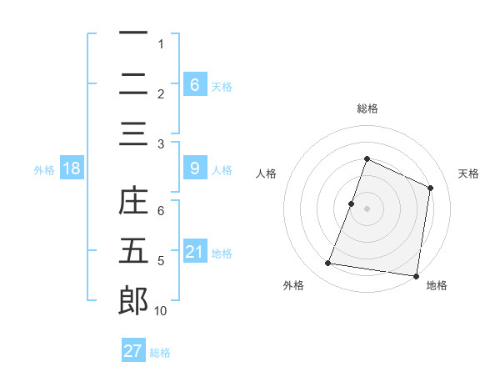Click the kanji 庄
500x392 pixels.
[x=133, y=203]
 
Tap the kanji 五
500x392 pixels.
[x=133, y=251]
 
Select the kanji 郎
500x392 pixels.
[x=133, y=300]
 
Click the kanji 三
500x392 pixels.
[x=133, y=133]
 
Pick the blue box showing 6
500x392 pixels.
[x=194, y=84]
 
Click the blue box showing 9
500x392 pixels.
[x=194, y=168]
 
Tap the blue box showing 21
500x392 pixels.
[x=194, y=251]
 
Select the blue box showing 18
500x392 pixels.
[x=72, y=168]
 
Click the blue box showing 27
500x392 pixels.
[x=133, y=351]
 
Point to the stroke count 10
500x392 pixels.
[x=161, y=311]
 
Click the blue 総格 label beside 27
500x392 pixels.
[x=160, y=353]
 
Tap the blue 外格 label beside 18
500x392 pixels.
[x=44, y=170]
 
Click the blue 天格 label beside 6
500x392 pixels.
[x=222, y=86]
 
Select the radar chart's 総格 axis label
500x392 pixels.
[x=367, y=108]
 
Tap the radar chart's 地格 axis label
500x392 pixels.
[x=437, y=286]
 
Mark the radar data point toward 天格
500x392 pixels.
[x=431, y=188]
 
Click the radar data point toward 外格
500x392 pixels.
[x=328, y=264]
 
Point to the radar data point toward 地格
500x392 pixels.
[x=415, y=276]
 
